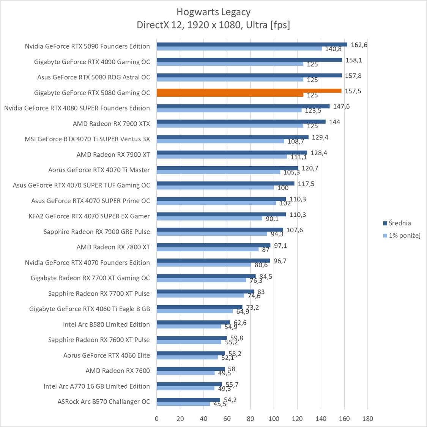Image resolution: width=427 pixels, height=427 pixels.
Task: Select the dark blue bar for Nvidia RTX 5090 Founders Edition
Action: tap(252, 44)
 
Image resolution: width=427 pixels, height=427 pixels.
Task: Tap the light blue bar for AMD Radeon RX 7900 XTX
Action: tap(230, 126)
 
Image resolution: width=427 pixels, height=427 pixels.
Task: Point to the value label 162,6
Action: tap(359, 45)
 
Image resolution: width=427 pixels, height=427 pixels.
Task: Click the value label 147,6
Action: tap(341, 107)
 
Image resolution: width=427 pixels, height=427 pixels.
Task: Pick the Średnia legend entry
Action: tap(400, 223)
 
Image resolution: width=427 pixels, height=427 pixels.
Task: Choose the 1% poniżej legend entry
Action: tap(404, 236)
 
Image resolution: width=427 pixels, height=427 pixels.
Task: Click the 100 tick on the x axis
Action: tap(274, 419)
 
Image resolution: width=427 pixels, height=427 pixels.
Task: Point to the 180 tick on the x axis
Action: tap(367, 419)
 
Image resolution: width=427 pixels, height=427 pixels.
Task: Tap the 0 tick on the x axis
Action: tap(157, 419)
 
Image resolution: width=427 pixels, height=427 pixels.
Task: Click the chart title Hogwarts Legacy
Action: tap(213, 12)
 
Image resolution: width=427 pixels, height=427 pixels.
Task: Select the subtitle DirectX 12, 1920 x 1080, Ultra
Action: tap(213, 25)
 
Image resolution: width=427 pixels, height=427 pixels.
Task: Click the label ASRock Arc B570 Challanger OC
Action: tap(104, 402)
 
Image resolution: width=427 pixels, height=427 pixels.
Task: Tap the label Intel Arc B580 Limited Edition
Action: tap(106, 325)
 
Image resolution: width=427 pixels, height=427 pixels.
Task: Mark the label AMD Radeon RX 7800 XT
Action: tap(113, 247)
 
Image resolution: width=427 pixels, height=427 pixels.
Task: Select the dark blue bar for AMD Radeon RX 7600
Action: tap(191, 369)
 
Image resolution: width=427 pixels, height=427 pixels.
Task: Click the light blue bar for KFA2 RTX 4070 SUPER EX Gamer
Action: tap(209, 218)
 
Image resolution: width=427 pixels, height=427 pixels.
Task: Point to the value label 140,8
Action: tap(333, 49)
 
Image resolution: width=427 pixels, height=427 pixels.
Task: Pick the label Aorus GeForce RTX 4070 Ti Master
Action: tap(99, 170)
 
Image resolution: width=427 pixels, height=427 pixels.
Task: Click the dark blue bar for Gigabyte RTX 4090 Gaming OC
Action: tap(249, 60)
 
